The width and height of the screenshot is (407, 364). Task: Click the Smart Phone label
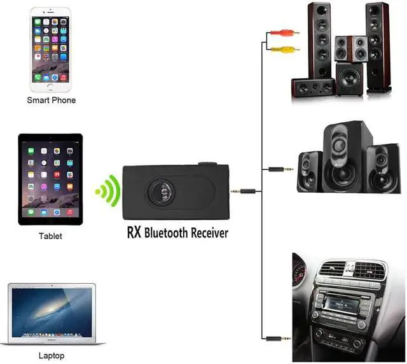point(51,101)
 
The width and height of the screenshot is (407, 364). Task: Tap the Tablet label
point(51,236)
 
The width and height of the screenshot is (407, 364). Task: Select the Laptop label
point(52,356)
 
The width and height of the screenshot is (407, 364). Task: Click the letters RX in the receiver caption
point(134,234)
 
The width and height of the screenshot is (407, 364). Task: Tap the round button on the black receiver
point(159,190)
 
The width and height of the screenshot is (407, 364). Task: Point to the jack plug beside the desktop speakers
point(280,169)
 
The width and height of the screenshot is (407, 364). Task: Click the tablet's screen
point(51,179)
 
